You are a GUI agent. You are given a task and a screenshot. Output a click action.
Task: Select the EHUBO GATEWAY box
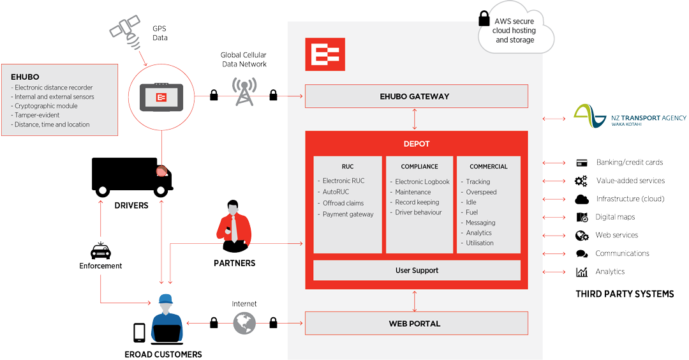click(x=416, y=96)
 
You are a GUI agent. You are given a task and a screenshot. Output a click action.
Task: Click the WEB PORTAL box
click(x=416, y=324)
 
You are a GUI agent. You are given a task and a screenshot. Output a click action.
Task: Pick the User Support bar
click(x=417, y=271)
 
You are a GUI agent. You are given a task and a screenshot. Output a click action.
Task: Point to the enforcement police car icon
click(x=100, y=251)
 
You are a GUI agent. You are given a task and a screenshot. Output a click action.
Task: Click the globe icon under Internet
click(x=244, y=323)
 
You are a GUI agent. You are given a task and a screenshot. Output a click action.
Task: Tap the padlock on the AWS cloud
click(x=484, y=19)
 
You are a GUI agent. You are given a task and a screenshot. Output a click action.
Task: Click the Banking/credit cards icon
click(x=581, y=163)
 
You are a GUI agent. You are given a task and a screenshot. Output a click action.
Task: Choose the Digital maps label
click(x=615, y=217)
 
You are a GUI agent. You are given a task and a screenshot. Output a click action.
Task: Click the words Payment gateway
click(x=348, y=214)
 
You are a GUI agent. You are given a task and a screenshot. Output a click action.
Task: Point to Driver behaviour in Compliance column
click(x=418, y=213)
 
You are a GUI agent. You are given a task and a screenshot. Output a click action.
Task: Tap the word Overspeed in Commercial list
click(x=481, y=192)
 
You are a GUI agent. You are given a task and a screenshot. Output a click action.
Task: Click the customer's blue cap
click(x=166, y=298)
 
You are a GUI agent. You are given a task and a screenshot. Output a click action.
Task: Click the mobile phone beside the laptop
click(x=139, y=333)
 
